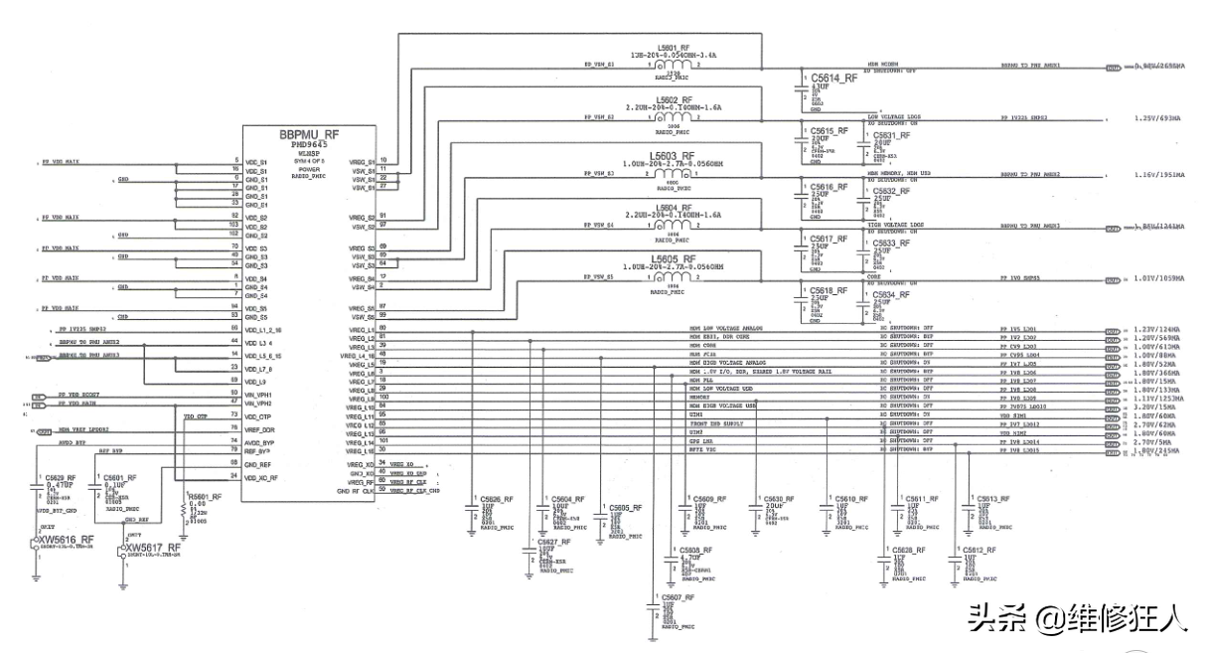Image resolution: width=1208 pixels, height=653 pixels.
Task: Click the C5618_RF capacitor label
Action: tap(829, 290)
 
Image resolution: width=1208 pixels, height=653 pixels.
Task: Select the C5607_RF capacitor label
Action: tap(674, 596)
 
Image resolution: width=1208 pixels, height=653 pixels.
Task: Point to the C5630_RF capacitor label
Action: tap(773, 498)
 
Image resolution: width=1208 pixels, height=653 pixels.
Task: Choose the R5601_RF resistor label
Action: tap(206, 497)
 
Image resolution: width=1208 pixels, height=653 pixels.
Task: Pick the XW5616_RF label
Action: tap(67, 540)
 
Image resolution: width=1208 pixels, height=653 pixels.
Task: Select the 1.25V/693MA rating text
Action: tap(1156, 117)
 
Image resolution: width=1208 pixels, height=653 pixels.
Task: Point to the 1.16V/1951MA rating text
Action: tap(1158, 174)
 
